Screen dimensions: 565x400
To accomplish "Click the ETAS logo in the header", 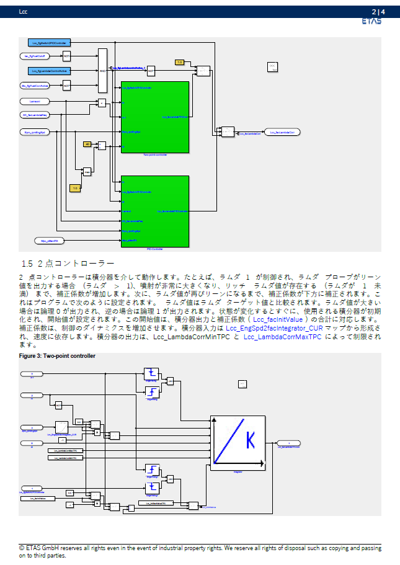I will click(x=371, y=21).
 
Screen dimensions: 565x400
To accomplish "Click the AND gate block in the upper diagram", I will click(x=102, y=70).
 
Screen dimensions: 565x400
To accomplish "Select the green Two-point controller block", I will click(x=154, y=116).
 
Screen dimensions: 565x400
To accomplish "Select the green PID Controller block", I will click(x=154, y=211).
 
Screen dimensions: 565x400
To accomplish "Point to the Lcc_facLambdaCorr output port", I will click(x=282, y=132).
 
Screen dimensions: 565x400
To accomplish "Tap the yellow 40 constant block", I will click(x=87, y=144).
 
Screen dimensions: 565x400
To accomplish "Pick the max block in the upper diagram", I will click(x=87, y=171).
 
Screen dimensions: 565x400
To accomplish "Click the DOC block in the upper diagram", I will click(x=272, y=67).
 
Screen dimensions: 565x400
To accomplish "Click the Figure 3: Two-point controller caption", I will click(x=57, y=357).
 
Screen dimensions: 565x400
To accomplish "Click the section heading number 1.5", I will click(x=26, y=263).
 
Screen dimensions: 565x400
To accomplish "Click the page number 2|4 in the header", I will click(x=378, y=11).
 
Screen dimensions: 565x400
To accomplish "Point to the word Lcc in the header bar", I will click(x=24, y=11).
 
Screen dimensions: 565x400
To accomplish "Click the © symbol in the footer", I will click(x=22, y=548).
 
